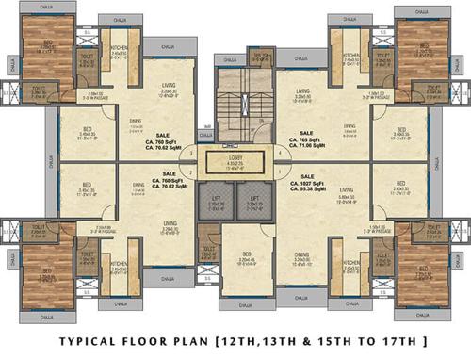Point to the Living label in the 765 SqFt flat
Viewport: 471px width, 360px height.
(x=302, y=95)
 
